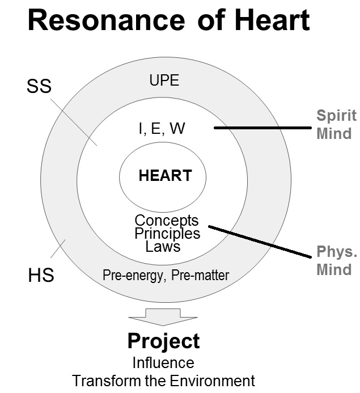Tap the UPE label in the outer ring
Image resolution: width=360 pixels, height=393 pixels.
(164, 81)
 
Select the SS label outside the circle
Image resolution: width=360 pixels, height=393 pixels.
(39, 86)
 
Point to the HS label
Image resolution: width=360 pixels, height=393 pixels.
(41, 276)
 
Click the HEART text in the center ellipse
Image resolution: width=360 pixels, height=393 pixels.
(165, 175)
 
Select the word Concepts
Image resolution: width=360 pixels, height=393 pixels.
(167, 220)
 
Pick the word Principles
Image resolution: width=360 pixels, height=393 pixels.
(167, 233)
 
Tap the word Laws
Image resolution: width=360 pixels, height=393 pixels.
(163, 246)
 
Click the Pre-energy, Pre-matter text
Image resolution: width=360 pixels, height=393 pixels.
(166, 276)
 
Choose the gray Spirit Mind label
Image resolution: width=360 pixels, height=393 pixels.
(336, 125)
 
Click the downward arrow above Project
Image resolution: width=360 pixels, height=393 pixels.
(163, 316)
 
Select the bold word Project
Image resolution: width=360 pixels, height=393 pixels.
(163, 341)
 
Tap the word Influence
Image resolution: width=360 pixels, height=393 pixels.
(163, 362)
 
